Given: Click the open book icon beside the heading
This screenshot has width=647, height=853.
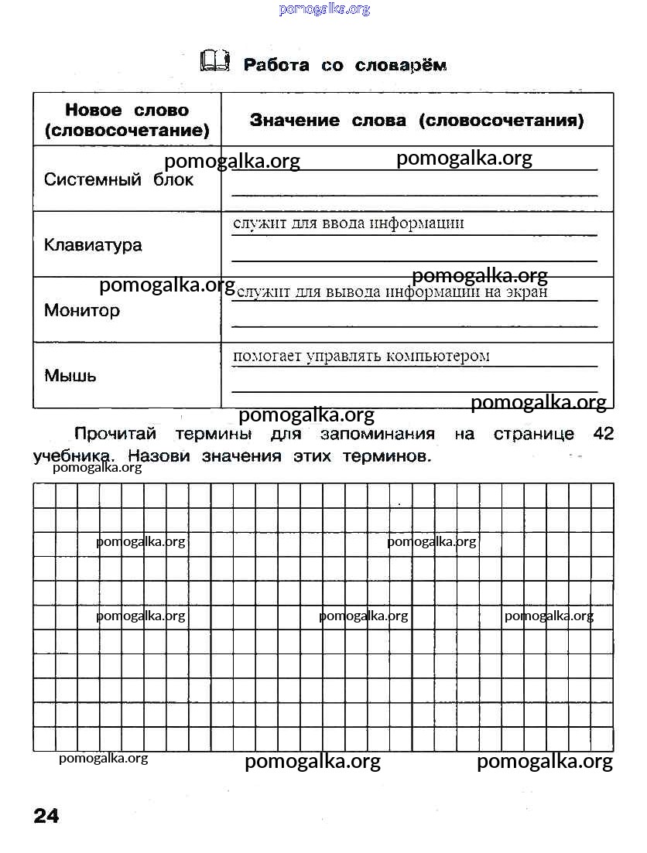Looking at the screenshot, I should tap(215, 61).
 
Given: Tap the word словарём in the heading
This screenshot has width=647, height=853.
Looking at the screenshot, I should tap(401, 65).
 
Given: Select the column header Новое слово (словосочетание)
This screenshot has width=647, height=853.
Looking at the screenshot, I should tap(127, 121).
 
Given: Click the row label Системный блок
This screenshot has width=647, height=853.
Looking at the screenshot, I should tap(118, 180).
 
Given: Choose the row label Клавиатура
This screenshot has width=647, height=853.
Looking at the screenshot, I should tap(93, 245).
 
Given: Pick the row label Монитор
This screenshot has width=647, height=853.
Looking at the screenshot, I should tap(82, 311).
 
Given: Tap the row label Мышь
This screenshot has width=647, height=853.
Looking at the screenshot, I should tap(70, 377).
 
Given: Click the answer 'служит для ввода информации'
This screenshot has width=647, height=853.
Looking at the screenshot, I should tap(348, 223).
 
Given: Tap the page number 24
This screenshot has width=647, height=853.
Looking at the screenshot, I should tap(46, 815).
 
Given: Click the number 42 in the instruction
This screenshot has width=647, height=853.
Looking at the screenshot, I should tap(603, 434).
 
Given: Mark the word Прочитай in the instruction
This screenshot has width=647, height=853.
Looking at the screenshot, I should tap(115, 434).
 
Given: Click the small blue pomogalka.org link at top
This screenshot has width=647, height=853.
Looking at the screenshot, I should tap(323, 9).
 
